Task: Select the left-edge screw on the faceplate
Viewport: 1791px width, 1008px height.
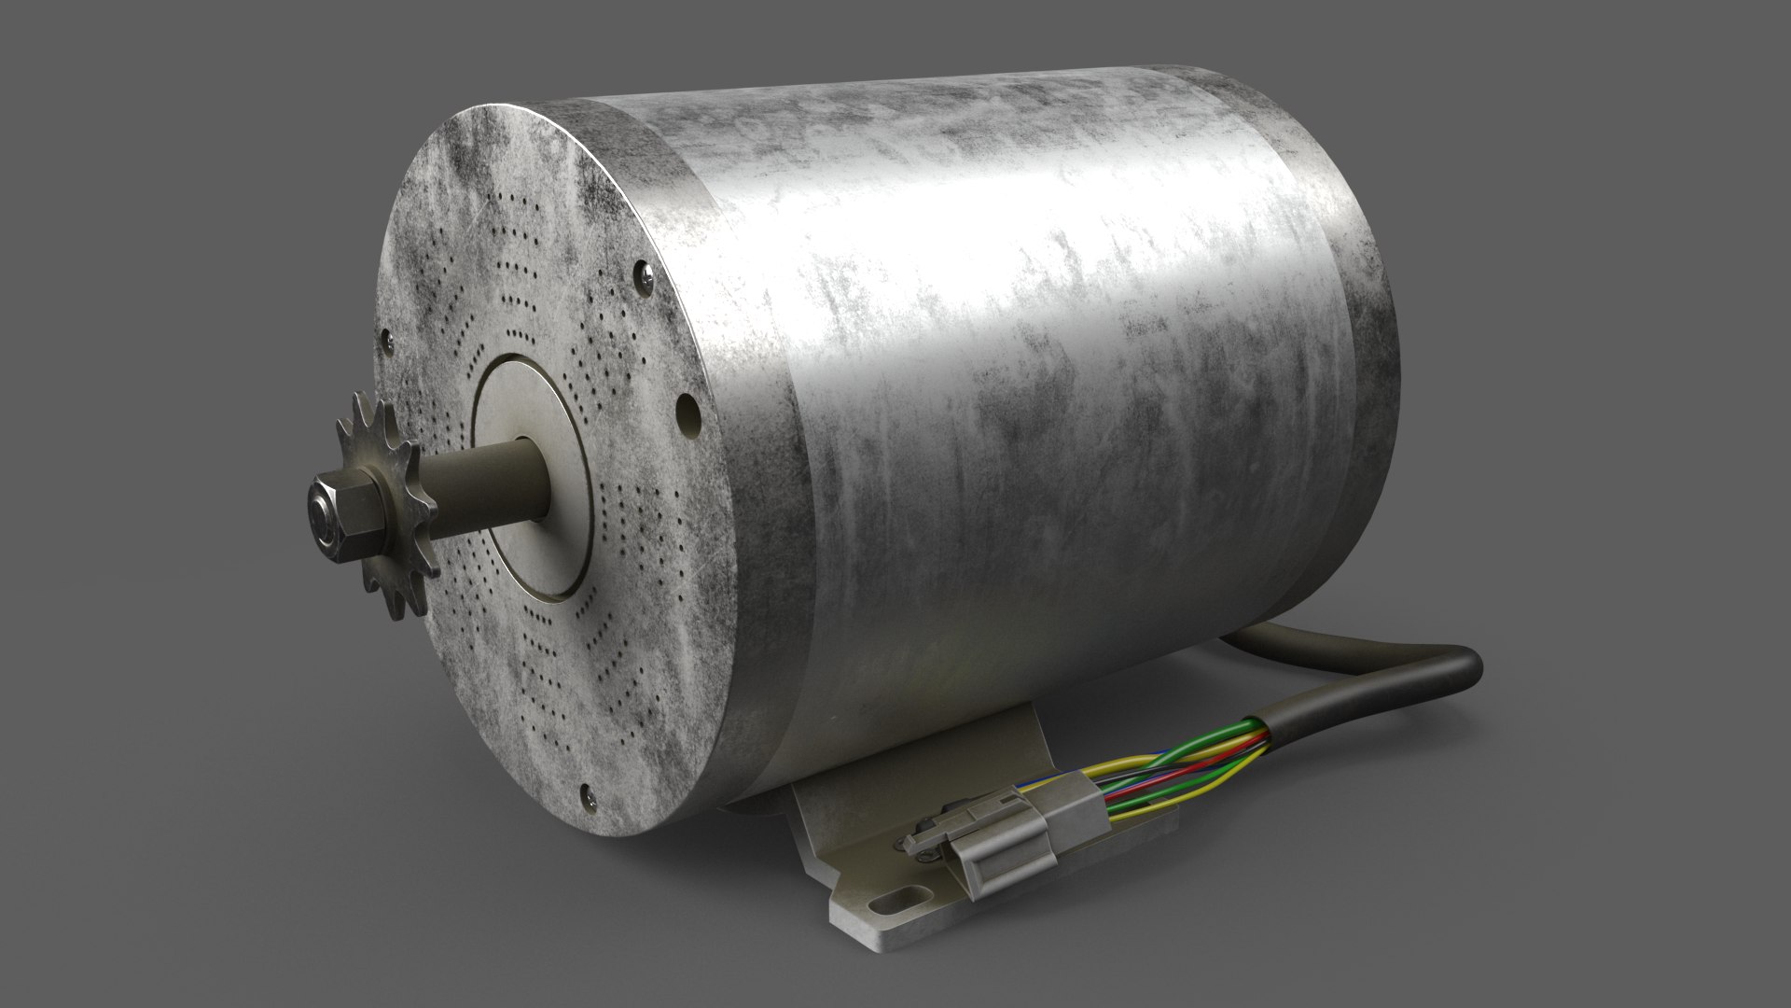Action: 384,342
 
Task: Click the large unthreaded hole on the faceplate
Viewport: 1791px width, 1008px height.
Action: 687,410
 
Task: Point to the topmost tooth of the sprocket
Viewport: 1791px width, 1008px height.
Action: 358,398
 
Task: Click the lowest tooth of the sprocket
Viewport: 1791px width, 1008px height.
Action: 403,610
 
